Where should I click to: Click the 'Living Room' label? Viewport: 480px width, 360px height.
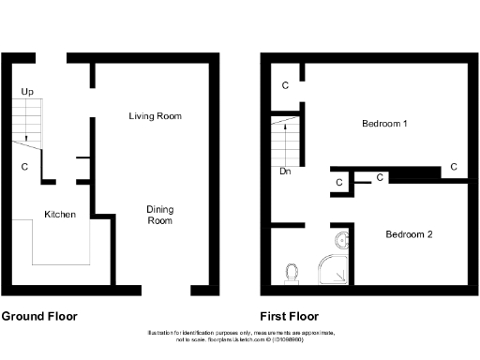coord(156,115)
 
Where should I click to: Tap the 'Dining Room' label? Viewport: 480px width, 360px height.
coord(159,215)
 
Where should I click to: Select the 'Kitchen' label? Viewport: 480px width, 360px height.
coord(60,215)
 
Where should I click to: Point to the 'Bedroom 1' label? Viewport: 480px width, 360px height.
coord(384,124)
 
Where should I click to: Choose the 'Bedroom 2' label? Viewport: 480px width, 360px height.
coord(409,234)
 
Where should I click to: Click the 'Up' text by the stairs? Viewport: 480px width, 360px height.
coord(27,92)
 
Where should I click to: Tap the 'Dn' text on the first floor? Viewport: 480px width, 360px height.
coord(285,172)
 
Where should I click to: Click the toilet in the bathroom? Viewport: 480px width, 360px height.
coord(292,273)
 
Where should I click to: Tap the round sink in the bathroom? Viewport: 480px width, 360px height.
coord(342,242)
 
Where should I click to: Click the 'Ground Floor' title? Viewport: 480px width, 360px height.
coord(39,317)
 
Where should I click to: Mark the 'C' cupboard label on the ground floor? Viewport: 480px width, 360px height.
coord(24,168)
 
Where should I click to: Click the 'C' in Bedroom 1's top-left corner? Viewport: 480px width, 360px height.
coord(285,86)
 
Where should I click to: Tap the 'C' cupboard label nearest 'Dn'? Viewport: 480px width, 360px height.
coord(337,183)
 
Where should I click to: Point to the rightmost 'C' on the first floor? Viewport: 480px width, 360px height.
coord(453,167)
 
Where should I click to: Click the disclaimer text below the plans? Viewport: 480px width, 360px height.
coord(239,337)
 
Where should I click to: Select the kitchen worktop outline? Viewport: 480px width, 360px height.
coord(62,244)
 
